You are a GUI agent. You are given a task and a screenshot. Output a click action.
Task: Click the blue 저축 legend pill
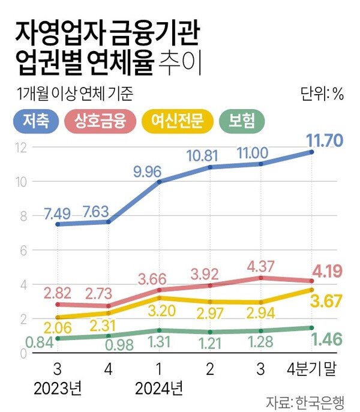36,121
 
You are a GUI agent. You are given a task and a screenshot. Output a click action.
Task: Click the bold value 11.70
324,141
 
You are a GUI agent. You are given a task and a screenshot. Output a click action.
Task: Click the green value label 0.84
27,342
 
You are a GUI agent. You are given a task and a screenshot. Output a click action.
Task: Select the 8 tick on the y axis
23,216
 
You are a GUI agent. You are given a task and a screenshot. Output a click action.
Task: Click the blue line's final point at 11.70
311,152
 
